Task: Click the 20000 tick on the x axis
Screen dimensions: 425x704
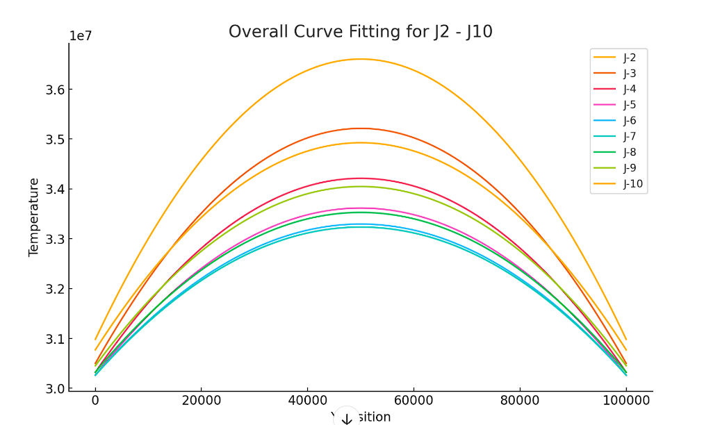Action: point(202,401)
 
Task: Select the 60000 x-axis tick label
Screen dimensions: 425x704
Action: point(414,401)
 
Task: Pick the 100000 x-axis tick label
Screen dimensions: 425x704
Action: point(625,401)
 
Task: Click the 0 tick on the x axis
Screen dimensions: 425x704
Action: point(95,401)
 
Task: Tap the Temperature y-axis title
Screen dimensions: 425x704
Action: point(34,217)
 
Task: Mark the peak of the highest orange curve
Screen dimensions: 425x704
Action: point(361,59)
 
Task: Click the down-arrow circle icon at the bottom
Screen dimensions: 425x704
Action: point(346,418)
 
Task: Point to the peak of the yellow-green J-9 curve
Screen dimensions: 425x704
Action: point(361,186)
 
